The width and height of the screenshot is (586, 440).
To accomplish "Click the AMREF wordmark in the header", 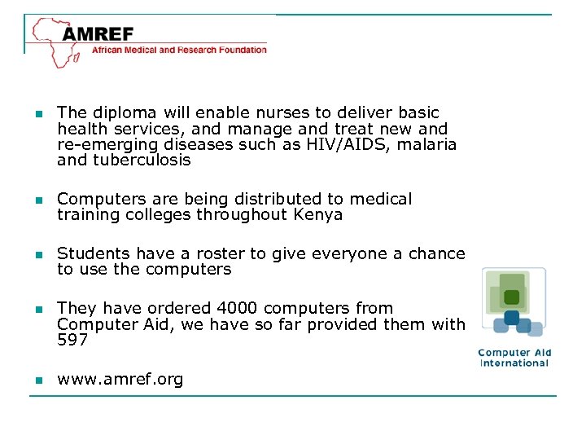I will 98,35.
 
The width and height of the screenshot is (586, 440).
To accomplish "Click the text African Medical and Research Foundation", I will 179,50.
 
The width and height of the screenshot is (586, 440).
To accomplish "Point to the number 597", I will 72,341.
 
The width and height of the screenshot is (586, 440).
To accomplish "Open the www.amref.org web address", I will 120,379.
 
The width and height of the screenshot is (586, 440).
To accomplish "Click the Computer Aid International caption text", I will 514,358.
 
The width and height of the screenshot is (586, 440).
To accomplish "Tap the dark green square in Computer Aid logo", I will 511,297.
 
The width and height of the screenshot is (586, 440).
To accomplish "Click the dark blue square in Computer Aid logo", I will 512,317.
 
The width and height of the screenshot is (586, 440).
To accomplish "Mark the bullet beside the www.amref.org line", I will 37,380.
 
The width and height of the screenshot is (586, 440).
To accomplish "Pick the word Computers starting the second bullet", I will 95,199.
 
